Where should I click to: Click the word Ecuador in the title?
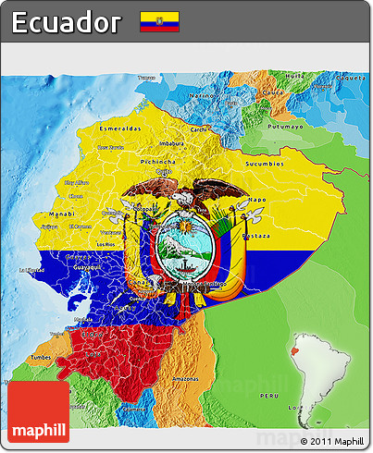[x=67, y=21]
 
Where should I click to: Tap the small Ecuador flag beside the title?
[x=159, y=21]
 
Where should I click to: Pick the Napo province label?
[x=258, y=199]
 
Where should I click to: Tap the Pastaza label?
[x=256, y=236]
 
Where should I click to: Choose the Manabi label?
[x=62, y=214]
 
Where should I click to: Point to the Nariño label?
[x=203, y=95]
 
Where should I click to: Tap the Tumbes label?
[x=41, y=356]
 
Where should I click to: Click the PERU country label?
[x=267, y=395]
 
